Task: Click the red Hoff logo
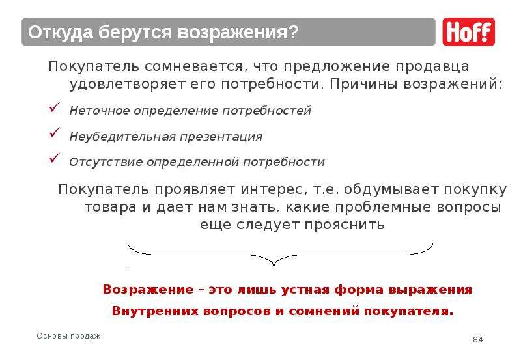tap(468, 32)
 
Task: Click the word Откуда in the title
tap(61, 33)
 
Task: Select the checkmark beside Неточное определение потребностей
tap(55, 107)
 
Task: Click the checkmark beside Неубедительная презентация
tap(55, 133)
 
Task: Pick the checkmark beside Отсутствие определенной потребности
tap(55, 158)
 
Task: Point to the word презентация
tap(221, 137)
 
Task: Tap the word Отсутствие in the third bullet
tap(106, 162)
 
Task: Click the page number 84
tap(478, 339)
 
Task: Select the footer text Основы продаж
tap(68, 336)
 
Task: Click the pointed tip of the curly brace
tap(274, 266)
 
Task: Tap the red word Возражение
tap(148, 289)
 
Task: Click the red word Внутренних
tap(155, 311)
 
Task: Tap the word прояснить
tap(345, 225)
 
